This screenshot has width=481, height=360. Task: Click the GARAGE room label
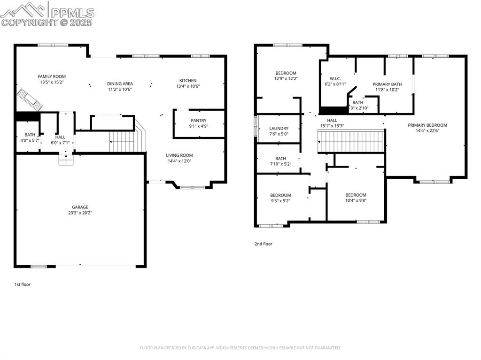pyautogui.click(x=80, y=207)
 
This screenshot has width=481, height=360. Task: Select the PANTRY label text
pyautogui.click(x=199, y=121)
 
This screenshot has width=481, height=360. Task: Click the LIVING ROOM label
pyautogui.click(x=179, y=155)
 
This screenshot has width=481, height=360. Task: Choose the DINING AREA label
pyautogui.click(x=120, y=84)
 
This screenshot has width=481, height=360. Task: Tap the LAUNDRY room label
pyautogui.click(x=279, y=129)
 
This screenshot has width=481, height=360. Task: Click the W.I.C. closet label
pyautogui.click(x=335, y=78)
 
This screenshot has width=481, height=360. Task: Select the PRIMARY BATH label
pyautogui.click(x=388, y=84)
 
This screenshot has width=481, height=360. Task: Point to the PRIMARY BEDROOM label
pyautogui.click(x=427, y=125)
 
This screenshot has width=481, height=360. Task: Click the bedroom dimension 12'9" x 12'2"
pyautogui.click(x=286, y=79)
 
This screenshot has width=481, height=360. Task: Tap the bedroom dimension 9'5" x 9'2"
pyautogui.click(x=280, y=201)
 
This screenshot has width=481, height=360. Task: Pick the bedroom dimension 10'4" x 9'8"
pyautogui.click(x=356, y=201)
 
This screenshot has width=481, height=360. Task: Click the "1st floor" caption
pyautogui.click(x=23, y=284)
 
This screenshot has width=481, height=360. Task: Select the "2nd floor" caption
pyautogui.click(x=264, y=244)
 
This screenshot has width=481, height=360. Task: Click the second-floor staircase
pyautogui.click(x=351, y=141)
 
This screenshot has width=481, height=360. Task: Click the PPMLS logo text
pyautogui.click(x=72, y=13)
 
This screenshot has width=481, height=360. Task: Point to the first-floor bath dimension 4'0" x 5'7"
pyautogui.click(x=28, y=140)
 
